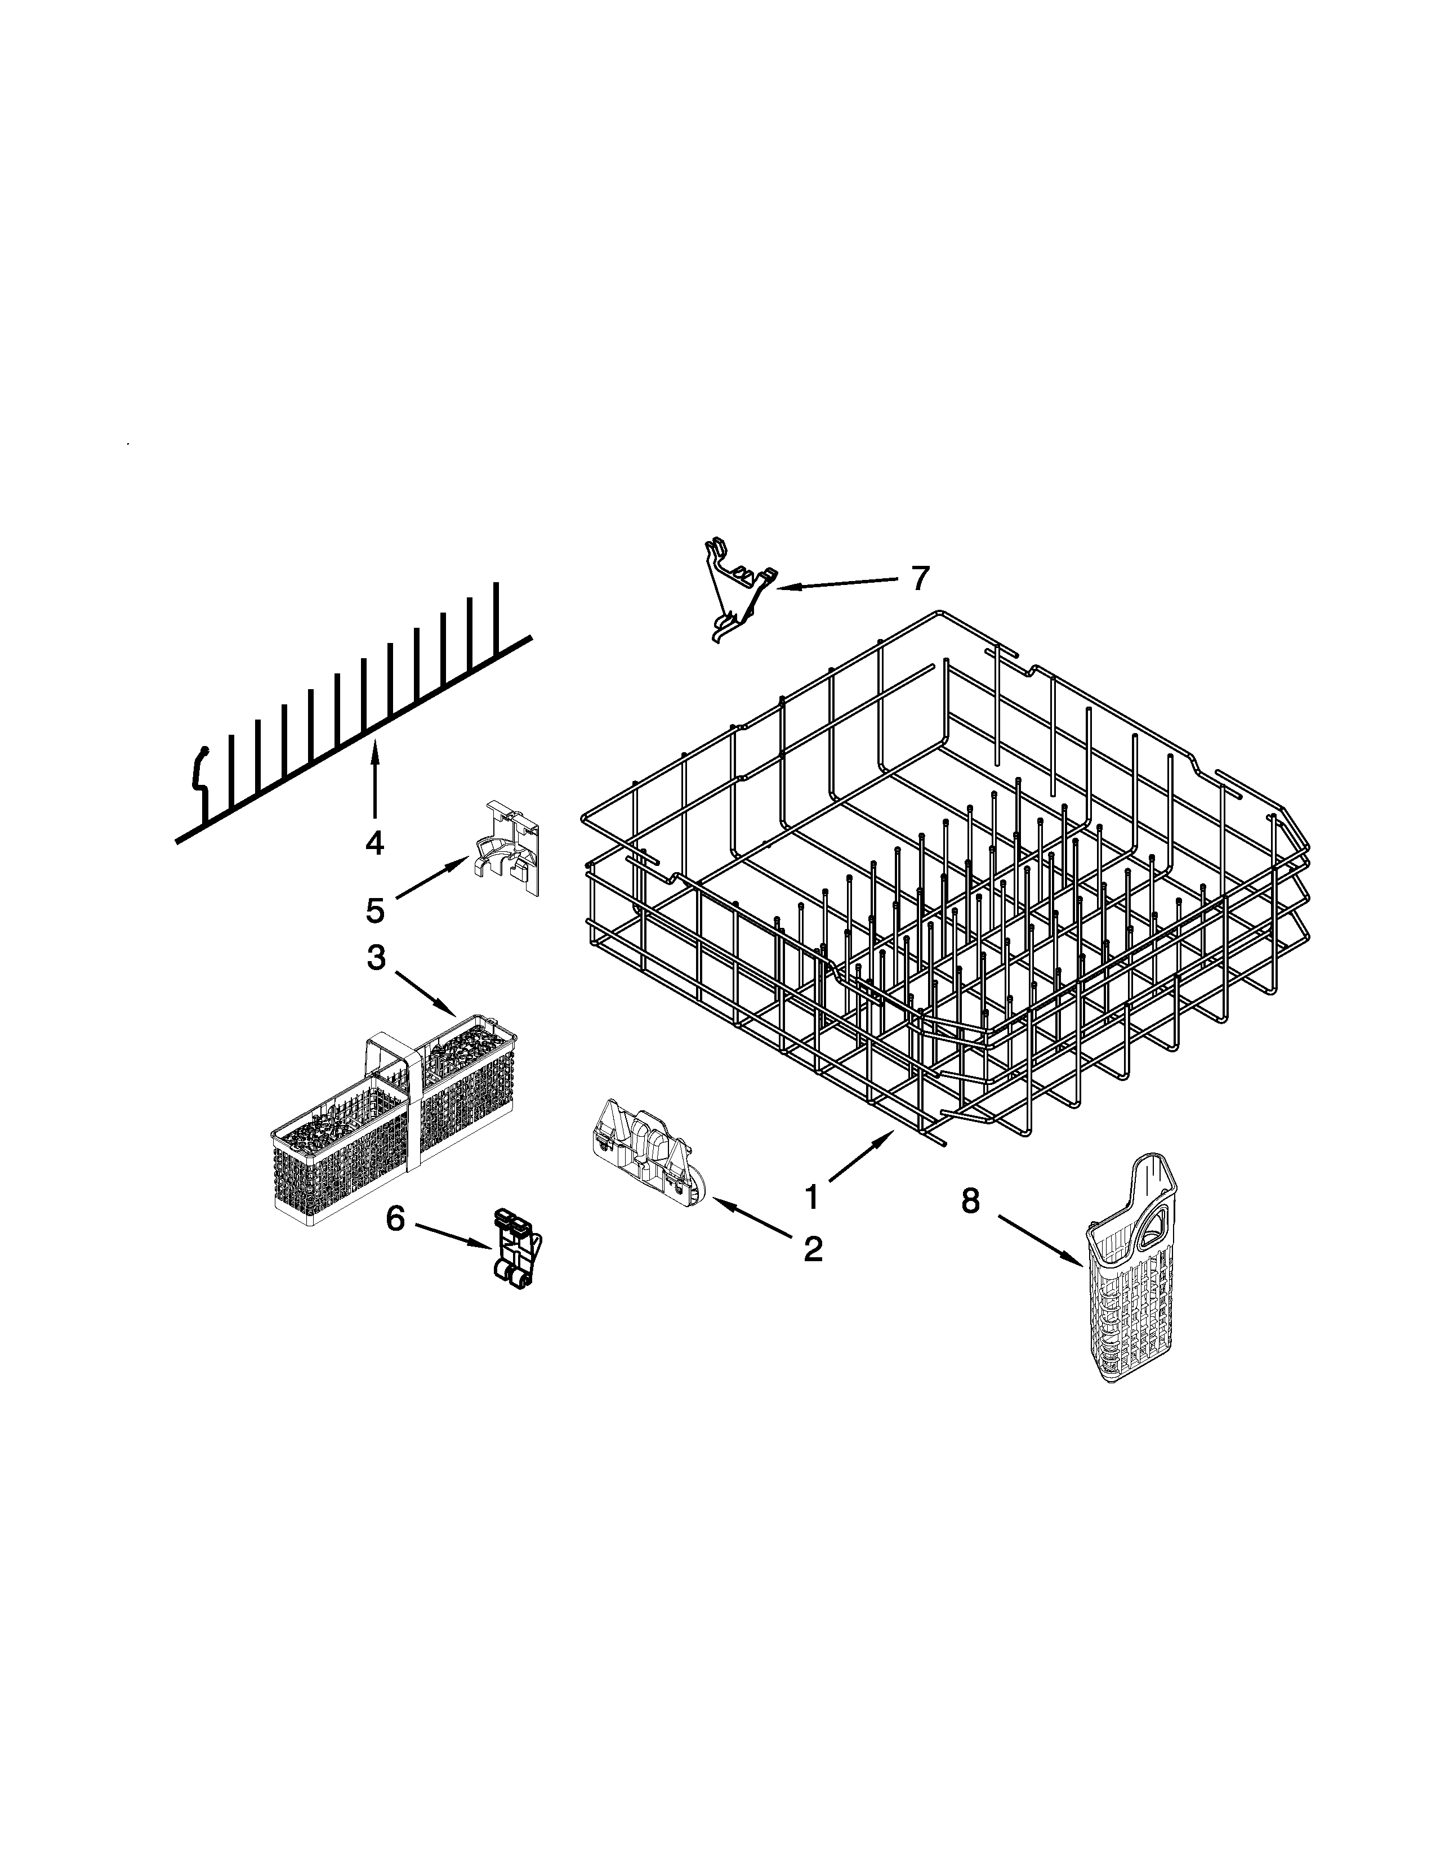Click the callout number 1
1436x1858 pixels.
[811, 1197]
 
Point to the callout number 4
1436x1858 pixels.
[374, 842]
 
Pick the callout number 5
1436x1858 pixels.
[375, 910]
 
